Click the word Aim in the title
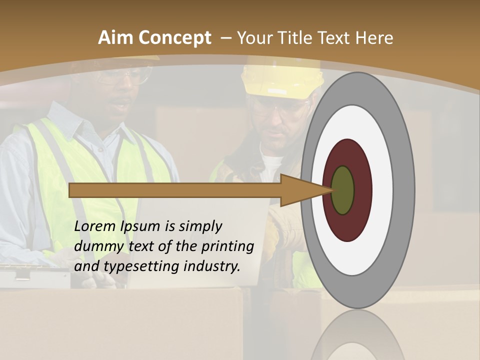tap(116, 38)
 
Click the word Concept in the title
tap(175, 38)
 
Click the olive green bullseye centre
tap(342, 190)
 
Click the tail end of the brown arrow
tap(72, 190)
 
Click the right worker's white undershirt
tap(270, 167)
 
